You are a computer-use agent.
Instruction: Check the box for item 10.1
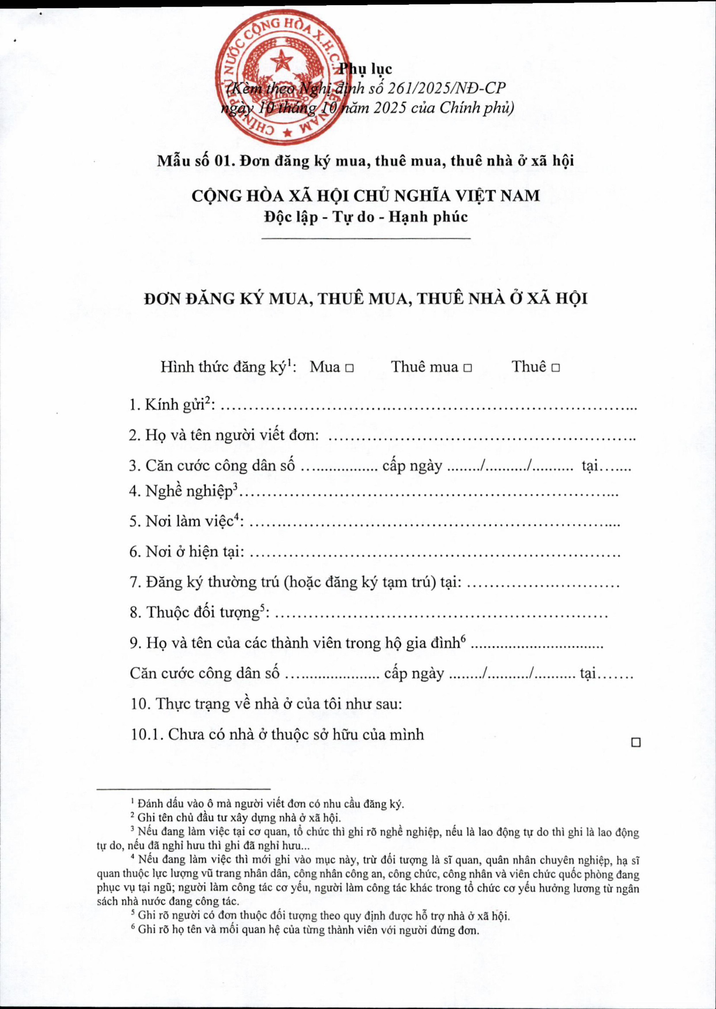[x=635, y=743]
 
